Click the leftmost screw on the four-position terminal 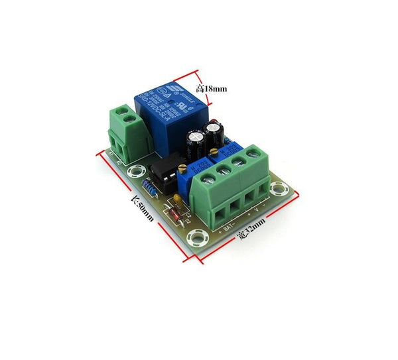pos(208,178)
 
